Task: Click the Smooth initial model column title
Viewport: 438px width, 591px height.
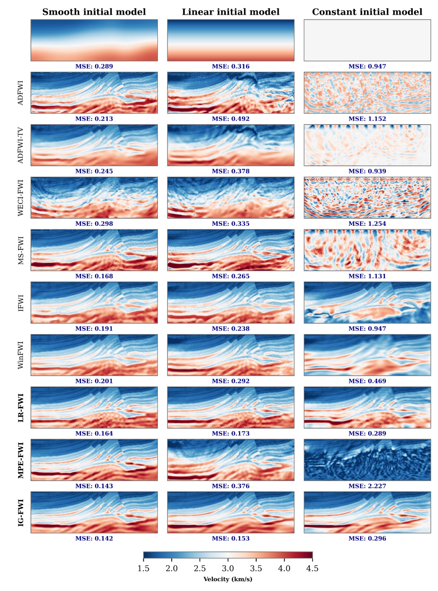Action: [94, 12]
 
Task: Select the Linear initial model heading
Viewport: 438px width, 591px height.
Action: [230, 12]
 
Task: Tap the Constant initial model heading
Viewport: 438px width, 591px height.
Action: [367, 12]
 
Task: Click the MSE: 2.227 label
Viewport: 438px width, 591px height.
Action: [367, 486]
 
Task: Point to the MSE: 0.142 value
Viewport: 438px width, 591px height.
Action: [94, 538]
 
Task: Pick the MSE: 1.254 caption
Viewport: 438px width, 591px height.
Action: [367, 224]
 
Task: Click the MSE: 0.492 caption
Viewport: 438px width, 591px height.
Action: [230, 119]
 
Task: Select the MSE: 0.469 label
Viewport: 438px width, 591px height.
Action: [367, 381]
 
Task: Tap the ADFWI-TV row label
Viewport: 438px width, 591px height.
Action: [21, 145]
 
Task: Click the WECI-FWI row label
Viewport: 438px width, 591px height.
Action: [21, 198]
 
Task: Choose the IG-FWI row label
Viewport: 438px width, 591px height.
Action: [21, 513]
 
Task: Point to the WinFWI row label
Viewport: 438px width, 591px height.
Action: [21, 355]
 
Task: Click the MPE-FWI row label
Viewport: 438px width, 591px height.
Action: [21, 460]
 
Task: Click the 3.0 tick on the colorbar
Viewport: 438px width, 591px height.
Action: [228, 568]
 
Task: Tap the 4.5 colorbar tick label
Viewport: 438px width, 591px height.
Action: [312, 568]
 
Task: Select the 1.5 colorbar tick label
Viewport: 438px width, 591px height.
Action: [143, 568]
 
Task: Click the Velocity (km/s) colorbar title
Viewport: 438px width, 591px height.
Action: [228, 579]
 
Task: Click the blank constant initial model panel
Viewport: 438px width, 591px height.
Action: [367, 40]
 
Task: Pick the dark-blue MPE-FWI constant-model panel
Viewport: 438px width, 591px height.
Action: [367, 460]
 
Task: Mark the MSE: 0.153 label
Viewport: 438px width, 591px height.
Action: [230, 538]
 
